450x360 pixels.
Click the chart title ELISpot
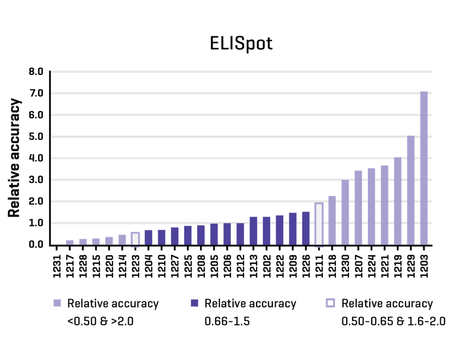[241, 43]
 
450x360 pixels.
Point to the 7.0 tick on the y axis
[36, 93]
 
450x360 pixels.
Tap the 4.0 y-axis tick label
[36, 158]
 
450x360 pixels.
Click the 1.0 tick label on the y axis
[36, 223]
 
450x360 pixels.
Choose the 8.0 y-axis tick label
[36, 72]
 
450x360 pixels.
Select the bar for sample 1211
[319, 224]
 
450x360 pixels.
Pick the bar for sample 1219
[398, 200]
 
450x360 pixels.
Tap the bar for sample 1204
[148, 237]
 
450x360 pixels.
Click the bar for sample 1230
[345, 212]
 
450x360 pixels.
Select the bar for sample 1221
[385, 205]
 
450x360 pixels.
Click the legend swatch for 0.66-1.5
[194, 303]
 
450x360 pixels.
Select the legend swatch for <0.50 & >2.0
[57, 303]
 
